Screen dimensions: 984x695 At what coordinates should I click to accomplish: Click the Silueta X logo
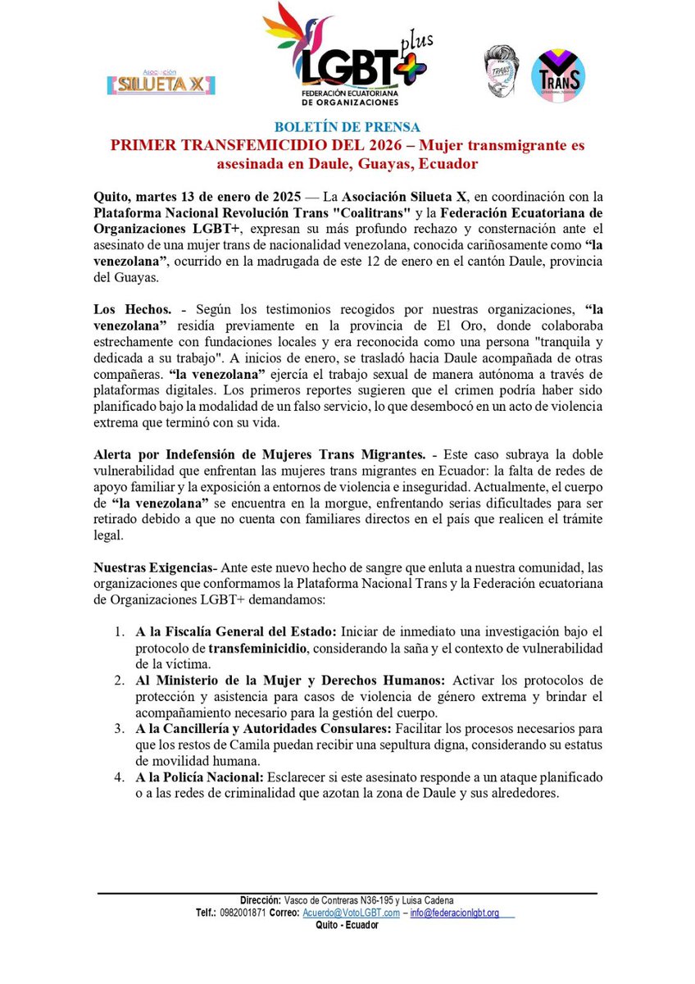point(161,83)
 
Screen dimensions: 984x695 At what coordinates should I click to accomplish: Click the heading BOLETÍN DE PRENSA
point(347,127)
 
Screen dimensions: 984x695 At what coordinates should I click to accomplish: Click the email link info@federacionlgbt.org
point(455,913)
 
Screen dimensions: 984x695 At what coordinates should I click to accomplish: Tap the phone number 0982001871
point(243,913)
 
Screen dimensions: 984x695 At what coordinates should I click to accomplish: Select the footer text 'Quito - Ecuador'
point(347,925)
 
